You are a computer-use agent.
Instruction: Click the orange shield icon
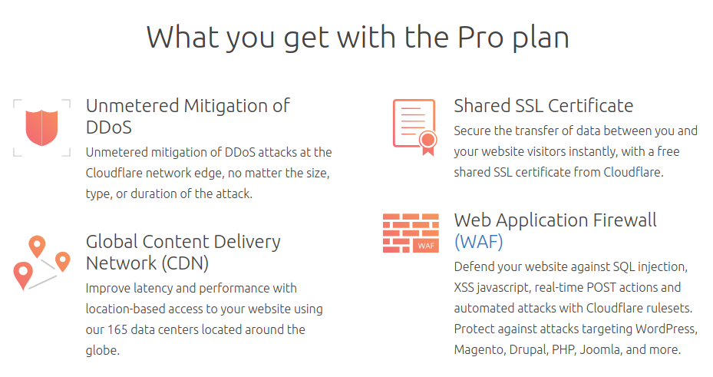click(x=42, y=127)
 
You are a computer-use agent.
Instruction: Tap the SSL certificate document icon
click(x=414, y=127)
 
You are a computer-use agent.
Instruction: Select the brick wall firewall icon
click(x=411, y=233)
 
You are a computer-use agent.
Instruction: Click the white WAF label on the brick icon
click(x=426, y=246)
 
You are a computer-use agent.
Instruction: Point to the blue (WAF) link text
click(x=479, y=242)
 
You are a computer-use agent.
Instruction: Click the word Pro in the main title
click(x=480, y=37)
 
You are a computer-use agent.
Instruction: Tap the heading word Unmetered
click(x=132, y=106)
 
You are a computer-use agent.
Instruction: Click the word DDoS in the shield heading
click(x=109, y=127)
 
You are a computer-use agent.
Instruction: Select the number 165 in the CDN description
click(x=117, y=329)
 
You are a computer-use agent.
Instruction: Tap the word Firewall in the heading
click(x=625, y=220)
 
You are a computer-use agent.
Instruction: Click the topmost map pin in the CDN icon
click(x=38, y=246)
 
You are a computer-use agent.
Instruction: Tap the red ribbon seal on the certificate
click(x=428, y=143)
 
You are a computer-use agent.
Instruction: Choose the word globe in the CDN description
click(x=102, y=351)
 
